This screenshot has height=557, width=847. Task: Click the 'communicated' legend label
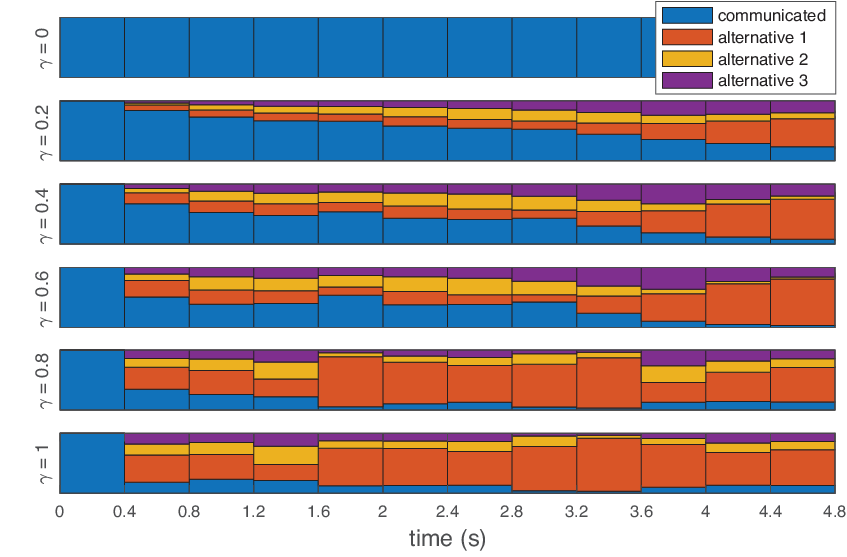(x=771, y=16)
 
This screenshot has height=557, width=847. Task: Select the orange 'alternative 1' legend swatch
(x=687, y=37)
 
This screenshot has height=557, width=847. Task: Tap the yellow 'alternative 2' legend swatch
(x=687, y=58)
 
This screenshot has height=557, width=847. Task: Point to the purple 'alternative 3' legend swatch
(x=687, y=80)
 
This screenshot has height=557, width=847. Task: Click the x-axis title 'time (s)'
(x=447, y=539)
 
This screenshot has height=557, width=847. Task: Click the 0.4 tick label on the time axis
(x=124, y=511)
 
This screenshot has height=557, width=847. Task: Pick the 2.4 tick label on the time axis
(x=447, y=511)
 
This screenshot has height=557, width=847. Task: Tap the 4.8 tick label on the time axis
(x=835, y=511)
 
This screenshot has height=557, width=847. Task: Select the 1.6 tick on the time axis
(x=319, y=511)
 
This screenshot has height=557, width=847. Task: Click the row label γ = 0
(x=44, y=48)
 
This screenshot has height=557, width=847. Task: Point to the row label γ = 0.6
(x=44, y=298)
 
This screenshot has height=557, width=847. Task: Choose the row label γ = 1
(x=44, y=464)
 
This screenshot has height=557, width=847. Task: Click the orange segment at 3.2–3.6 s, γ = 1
(x=609, y=465)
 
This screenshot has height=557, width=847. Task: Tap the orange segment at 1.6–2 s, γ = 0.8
(x=351, y=381)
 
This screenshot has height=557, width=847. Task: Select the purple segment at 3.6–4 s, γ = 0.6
(x=673, y=279)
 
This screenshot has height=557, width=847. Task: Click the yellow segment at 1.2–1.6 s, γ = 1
(x=286, y=455)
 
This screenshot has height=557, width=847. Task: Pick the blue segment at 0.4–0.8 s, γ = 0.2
(x=157, y=136)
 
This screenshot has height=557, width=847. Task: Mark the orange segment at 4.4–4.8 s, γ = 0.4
(x=803, y=219)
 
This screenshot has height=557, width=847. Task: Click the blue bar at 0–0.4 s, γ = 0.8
(x=92, y=380)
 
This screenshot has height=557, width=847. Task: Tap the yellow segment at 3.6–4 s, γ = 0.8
(x=673, y=374)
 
